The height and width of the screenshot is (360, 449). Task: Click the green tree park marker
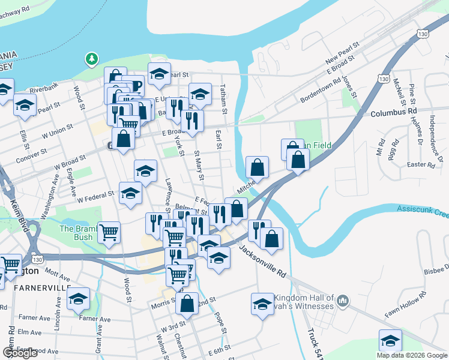(91, 59)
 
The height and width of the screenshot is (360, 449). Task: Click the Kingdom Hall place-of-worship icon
(343, 299)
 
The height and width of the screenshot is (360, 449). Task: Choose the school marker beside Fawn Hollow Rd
(390, 341)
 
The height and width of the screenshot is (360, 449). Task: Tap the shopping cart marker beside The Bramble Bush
(109, 232)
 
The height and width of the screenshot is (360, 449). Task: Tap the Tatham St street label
(223, 100)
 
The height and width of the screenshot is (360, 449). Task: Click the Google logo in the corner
(20, 353)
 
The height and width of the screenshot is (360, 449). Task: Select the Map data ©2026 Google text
(411, 355)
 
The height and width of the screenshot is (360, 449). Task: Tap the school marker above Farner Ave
(78, 299)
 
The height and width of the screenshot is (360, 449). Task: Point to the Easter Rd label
(420, 164)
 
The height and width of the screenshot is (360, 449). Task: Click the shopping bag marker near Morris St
(187, 304)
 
